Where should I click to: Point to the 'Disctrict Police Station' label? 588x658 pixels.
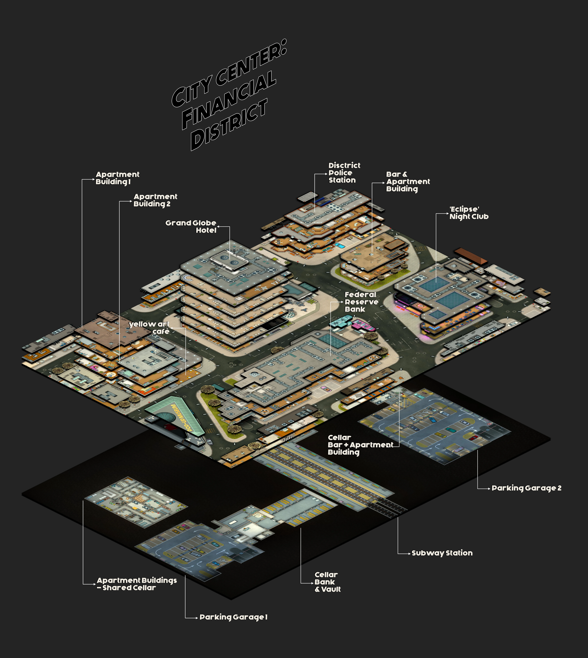pos(344,173)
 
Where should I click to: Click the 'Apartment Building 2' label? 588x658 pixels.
pos(155,200)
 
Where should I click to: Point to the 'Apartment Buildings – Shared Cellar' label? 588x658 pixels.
pos(137,584)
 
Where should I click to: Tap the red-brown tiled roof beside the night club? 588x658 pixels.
pos(471,256)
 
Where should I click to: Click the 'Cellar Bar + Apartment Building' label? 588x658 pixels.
pos(360,445)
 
